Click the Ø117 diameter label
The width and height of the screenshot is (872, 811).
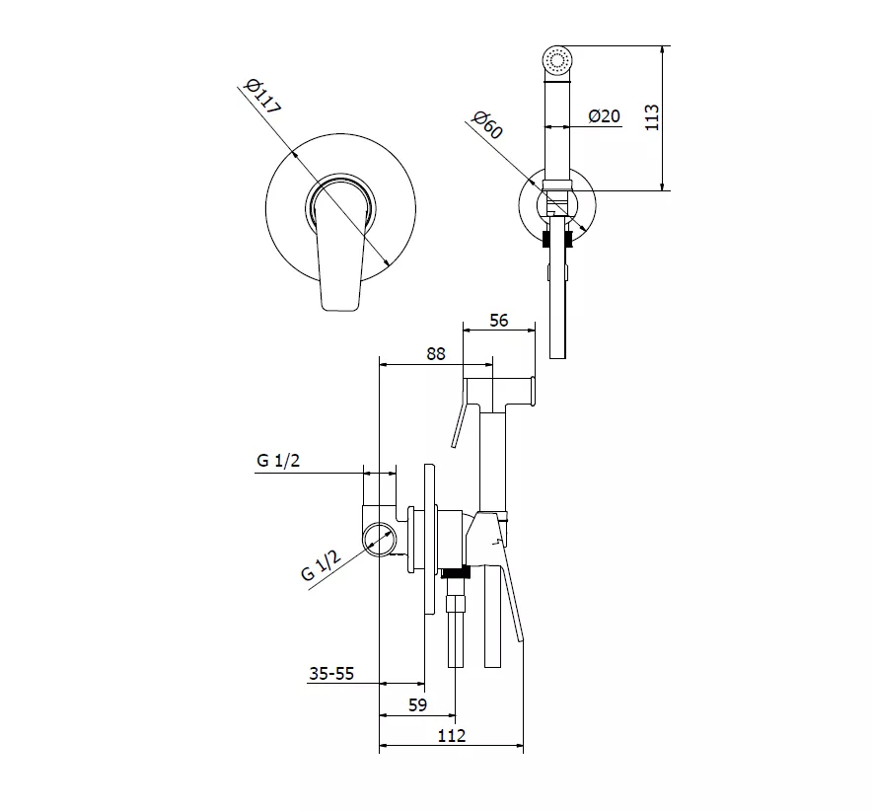click(262, 98)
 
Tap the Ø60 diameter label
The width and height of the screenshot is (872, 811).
click(487, 125)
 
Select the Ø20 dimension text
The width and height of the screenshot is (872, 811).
click(604, 116)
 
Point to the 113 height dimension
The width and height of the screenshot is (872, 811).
click(652, 117)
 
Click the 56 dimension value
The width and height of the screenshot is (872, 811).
click(499, 321)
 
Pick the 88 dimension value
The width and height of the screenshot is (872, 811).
click(436, 354)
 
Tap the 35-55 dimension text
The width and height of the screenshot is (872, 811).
click(331, 674)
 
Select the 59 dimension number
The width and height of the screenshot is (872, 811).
click(417, 705)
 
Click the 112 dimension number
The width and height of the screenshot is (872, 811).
click(451, 736)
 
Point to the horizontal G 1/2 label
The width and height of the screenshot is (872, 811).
click(278, 461)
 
